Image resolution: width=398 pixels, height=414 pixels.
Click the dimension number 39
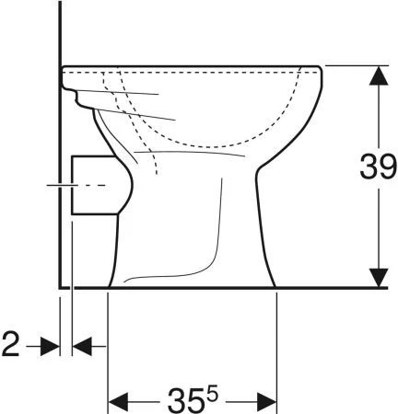coord(379,167)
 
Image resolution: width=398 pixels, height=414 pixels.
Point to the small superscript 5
coord(212,394)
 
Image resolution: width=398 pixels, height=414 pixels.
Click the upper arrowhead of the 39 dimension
coord(379,75)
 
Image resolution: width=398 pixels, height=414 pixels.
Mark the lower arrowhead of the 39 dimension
coord(379,278)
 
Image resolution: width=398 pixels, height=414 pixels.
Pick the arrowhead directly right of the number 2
coord(50,347)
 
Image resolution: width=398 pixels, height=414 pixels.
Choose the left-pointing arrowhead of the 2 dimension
coord(82,346)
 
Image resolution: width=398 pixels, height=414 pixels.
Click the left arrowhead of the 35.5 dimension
coord(119,402)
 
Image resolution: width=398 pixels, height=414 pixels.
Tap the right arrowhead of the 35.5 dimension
coord(266,402)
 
